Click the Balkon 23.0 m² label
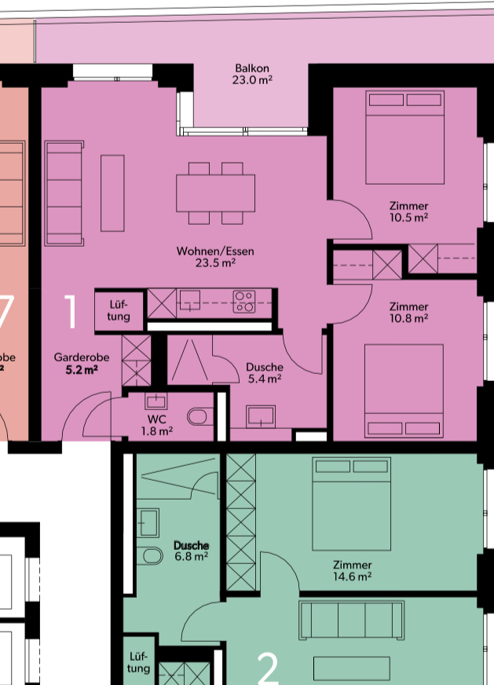pos(252,74)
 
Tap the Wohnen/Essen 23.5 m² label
pos(215,257)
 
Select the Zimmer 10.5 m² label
pos(409,211)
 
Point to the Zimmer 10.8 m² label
pos(409,313)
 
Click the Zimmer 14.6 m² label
pos(353,570)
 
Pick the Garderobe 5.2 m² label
pos(82,364)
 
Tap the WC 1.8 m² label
pos(157,425)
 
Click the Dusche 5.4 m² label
pos(265,372)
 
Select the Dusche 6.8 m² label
pos(192,551)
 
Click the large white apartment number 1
pos(71,311)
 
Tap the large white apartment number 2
pos(268,669)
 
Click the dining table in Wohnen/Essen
pos(216,193)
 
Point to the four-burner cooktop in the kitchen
pos(244,302)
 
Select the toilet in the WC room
pos(200,416)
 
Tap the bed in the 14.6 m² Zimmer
pos(352,504)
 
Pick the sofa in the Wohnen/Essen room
pos(64,193)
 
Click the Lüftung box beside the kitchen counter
pos(119,310)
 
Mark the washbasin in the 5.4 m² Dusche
pos(261,416)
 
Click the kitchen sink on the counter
pos(189,301)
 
